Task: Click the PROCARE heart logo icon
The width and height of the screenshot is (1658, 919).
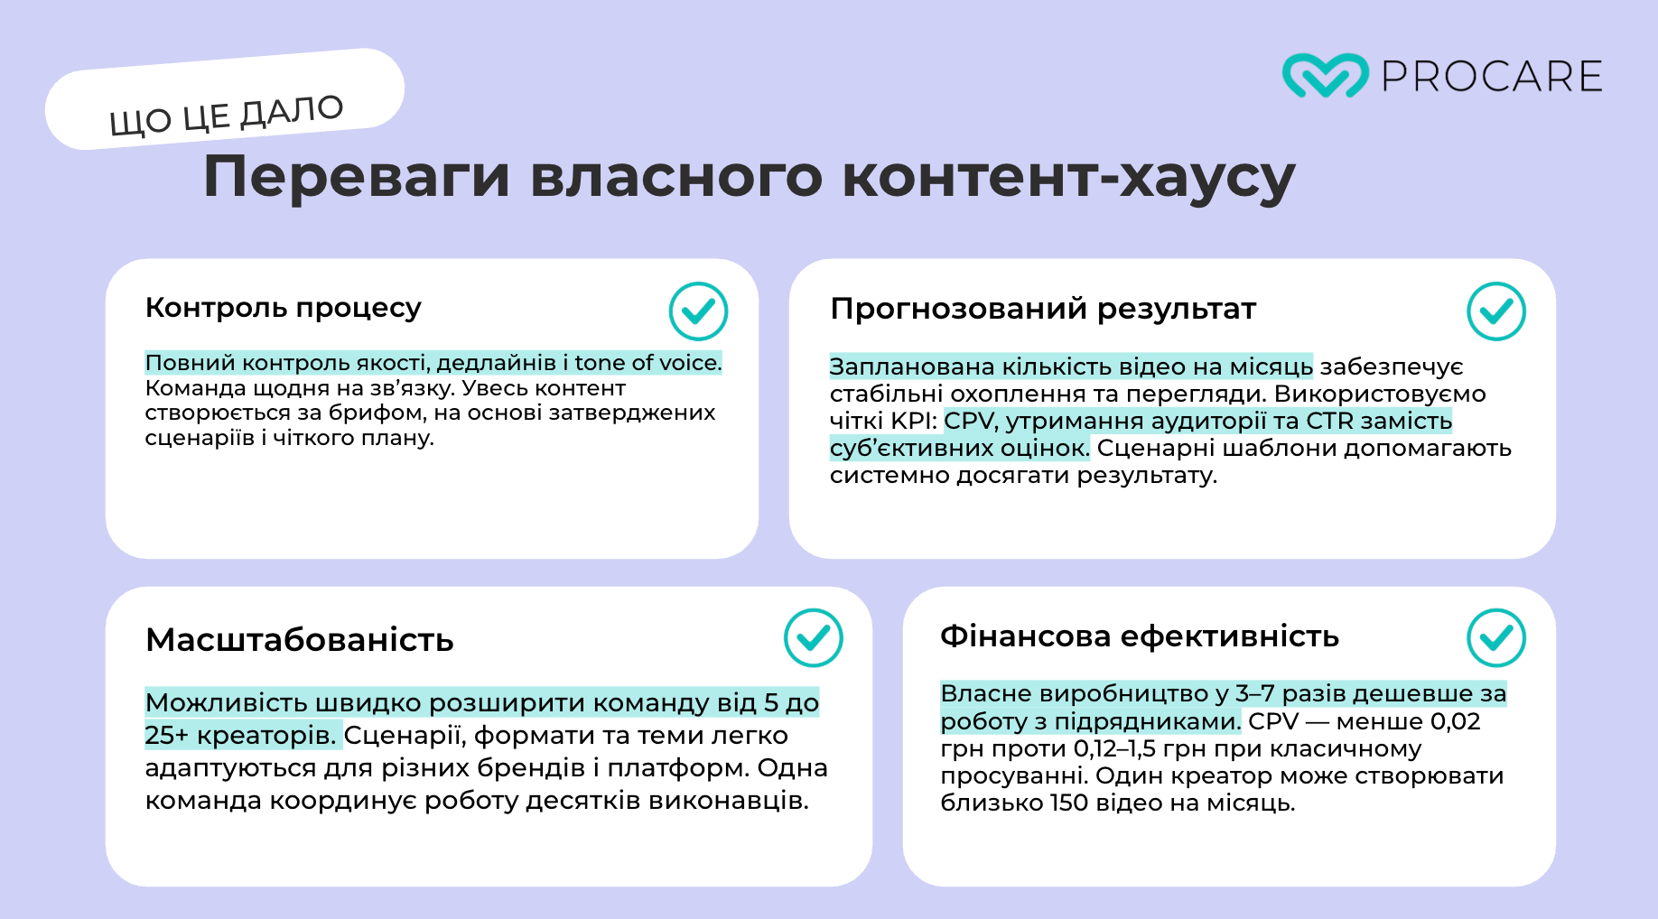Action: coord(1325,76)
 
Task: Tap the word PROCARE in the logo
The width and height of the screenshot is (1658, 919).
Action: coord(1492,77)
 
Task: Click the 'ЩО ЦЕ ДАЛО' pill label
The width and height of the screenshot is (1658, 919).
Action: coord(225,99)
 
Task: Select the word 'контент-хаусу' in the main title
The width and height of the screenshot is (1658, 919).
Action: coord(1068,177)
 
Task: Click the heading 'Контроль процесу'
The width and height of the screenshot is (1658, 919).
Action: coord(284,308)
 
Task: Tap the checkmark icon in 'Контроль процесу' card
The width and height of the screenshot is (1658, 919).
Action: coord(698,311)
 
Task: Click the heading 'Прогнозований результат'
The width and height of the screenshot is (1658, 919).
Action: coord(1043,309)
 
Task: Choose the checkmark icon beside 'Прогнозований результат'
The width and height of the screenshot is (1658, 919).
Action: coord(1496,311)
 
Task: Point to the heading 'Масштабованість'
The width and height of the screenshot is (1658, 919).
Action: coord(300,640)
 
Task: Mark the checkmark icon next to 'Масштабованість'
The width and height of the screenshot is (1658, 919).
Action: coord(814,637)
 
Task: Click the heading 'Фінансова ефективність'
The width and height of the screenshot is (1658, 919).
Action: coord(1140,636)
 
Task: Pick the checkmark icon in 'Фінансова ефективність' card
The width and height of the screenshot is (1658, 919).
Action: coord(1496,637)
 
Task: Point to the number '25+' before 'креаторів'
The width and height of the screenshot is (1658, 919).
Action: coord(167,736)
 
